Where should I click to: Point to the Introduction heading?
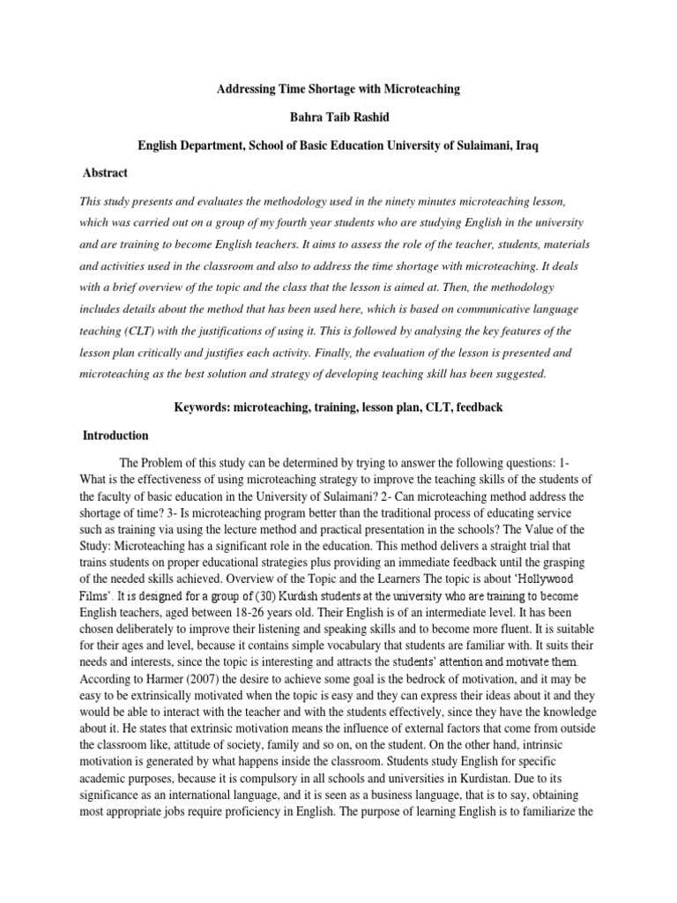point(115,436)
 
